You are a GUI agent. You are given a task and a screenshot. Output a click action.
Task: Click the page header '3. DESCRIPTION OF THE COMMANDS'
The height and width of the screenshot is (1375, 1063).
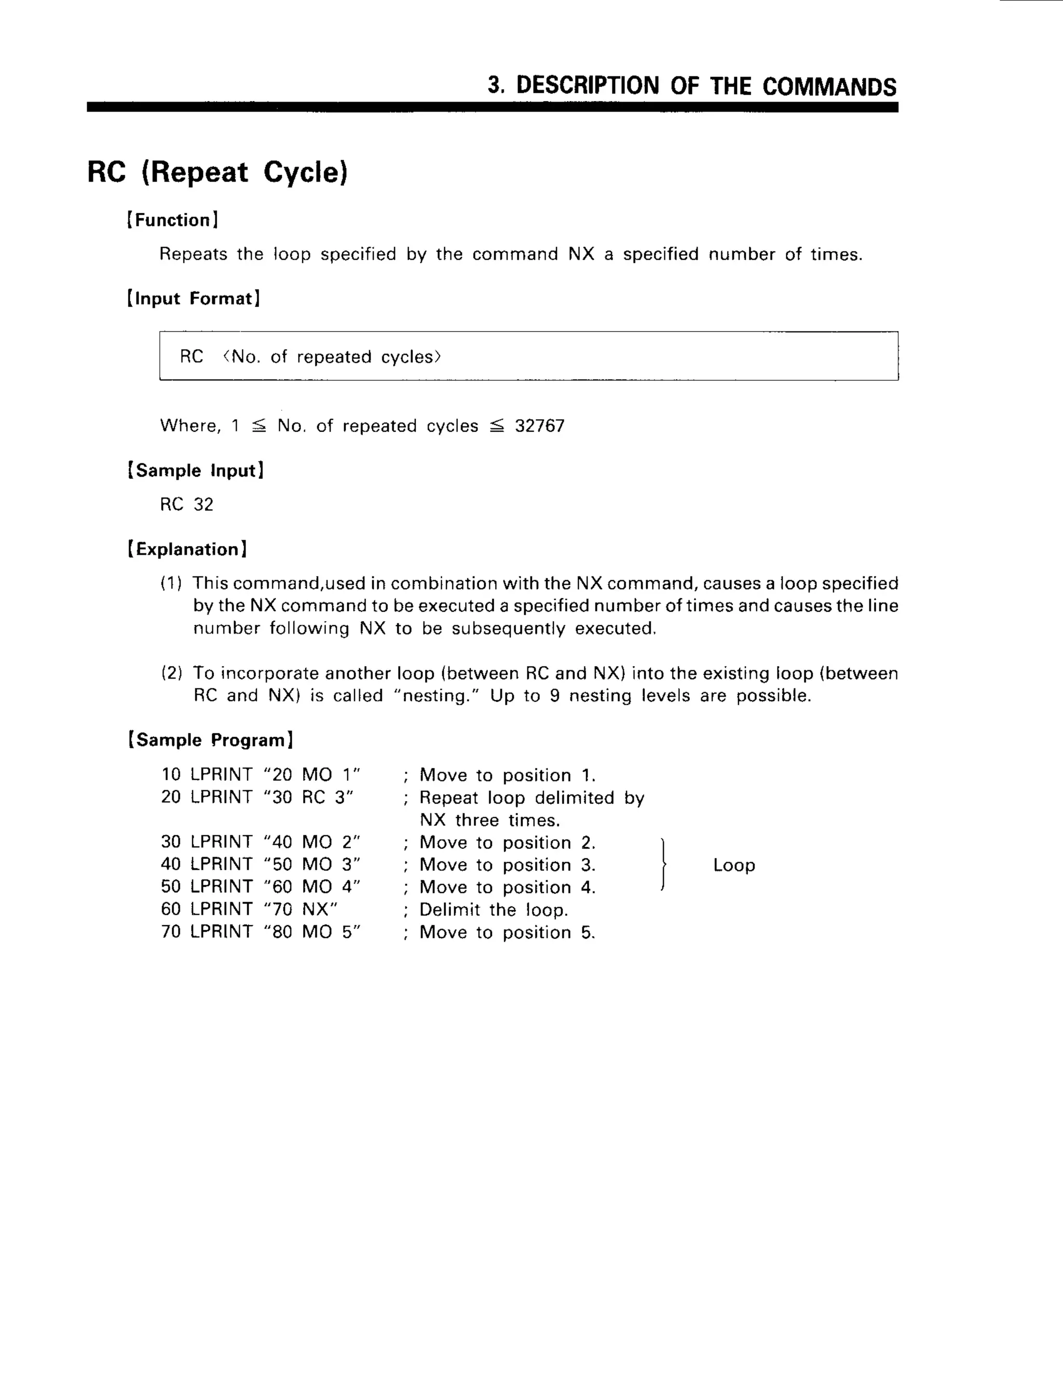coord(691,86)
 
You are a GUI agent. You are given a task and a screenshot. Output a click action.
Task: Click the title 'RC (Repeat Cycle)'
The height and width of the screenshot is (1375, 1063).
coord(217,172)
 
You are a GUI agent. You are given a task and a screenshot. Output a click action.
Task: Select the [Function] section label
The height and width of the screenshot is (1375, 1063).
coord(172,221)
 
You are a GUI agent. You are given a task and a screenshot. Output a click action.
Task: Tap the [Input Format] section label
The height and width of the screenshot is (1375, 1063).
coord(193,298)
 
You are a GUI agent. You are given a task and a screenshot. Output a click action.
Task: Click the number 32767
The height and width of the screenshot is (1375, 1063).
coord(540,426)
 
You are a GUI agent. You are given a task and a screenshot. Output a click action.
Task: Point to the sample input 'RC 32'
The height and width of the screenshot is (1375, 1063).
coord(186,504)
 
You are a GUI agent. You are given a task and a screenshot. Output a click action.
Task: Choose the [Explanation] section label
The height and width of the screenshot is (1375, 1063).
coord(187,549)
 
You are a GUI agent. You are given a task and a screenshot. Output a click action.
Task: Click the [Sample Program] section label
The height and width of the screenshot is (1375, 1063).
coord(210,740)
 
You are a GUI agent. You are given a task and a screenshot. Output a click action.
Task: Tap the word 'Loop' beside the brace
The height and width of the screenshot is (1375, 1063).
coord(733,865)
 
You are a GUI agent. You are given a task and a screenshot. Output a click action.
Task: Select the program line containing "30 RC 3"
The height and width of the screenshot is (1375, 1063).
coord(257,797)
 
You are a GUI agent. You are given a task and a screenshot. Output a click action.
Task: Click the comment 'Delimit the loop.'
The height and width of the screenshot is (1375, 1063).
coord(493,910)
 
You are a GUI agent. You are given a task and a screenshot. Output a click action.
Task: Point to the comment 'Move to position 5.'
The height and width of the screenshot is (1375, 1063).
coord(507,932)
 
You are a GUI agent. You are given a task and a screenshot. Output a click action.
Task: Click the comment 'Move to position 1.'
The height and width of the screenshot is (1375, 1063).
coord(507,775)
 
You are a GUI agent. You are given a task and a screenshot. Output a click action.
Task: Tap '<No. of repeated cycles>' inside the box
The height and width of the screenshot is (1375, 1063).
coord(332,357)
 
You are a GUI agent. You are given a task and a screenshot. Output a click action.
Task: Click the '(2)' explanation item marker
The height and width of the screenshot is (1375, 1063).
coord(171,673)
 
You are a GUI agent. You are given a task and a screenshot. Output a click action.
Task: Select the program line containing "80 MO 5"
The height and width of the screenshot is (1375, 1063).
coord(261,932)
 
